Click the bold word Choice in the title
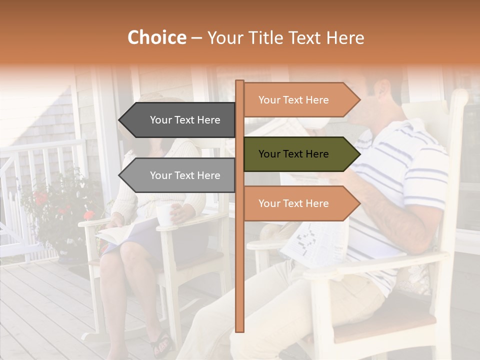[x=156, y=38]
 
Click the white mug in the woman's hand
[x=164, y=214]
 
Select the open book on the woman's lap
[x=117, y=232]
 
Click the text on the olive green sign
[x=293, y=154]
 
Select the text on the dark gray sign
[x=185, y=120]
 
